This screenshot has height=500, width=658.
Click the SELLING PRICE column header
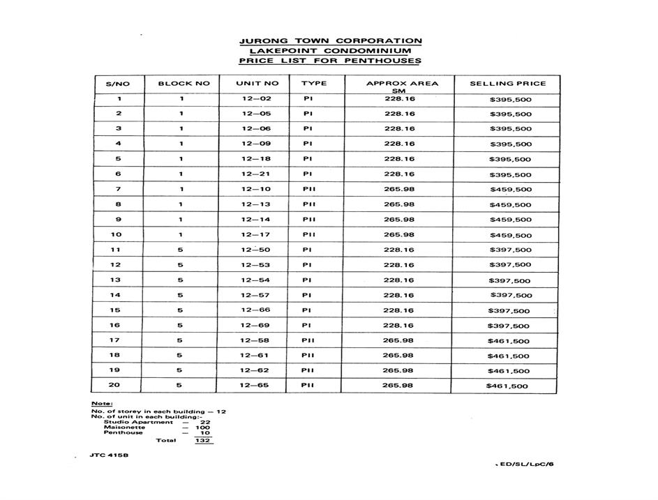(507, 84)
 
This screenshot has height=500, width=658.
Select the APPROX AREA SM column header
(402, 87)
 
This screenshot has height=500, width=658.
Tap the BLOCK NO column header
(184, 84)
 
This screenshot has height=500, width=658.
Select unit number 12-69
(255, 326)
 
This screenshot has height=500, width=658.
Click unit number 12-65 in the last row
(255, 386)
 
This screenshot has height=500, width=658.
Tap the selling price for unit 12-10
(510, 190)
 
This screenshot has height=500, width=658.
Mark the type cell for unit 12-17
(309, 235)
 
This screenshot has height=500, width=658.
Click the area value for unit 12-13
(399, 204)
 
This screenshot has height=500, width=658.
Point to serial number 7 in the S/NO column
(119, 190)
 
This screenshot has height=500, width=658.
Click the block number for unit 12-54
(180, 280)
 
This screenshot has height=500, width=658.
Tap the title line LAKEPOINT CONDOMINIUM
(330, 51)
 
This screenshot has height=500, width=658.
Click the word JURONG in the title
(264, 41)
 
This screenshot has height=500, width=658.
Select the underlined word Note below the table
(101, 404)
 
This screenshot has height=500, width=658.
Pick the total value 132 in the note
(204, 440)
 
